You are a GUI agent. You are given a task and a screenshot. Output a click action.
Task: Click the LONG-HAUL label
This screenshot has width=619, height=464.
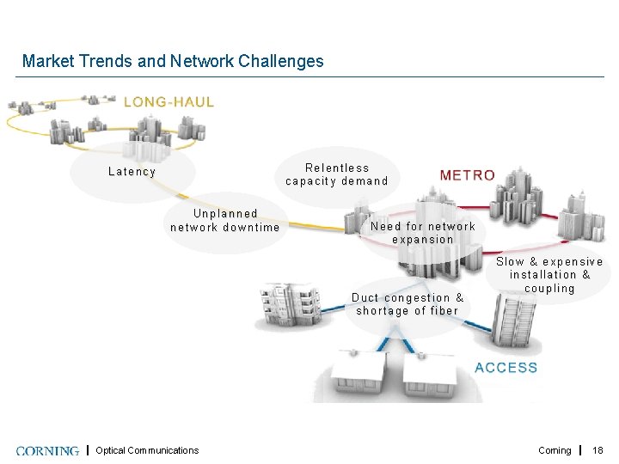point(169,101)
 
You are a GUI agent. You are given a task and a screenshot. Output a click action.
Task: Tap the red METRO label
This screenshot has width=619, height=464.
point(467,175)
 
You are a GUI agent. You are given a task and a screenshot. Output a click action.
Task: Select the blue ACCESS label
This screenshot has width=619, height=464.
point(506,368)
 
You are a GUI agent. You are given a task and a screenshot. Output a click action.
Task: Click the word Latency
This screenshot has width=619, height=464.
point(132,172)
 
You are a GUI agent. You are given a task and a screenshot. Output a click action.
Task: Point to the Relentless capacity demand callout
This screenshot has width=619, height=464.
point(337,174)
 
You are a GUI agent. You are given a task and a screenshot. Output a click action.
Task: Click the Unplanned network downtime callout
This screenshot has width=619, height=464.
point(225,220)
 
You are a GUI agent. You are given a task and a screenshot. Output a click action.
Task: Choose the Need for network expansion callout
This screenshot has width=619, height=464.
point(422,233)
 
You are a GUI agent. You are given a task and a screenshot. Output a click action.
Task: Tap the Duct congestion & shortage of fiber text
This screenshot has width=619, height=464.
point(408,304)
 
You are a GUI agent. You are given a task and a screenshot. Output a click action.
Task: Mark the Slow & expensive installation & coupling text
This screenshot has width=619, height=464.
point(549,275)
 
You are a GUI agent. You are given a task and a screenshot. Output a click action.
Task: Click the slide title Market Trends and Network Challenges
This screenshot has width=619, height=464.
point(173,61)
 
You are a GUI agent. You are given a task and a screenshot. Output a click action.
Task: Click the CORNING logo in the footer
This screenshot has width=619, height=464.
point(47,450)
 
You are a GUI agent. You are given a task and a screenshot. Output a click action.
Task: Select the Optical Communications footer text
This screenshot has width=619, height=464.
point(147,450)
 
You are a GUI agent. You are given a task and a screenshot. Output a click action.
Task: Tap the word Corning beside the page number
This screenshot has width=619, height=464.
point(555,450)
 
